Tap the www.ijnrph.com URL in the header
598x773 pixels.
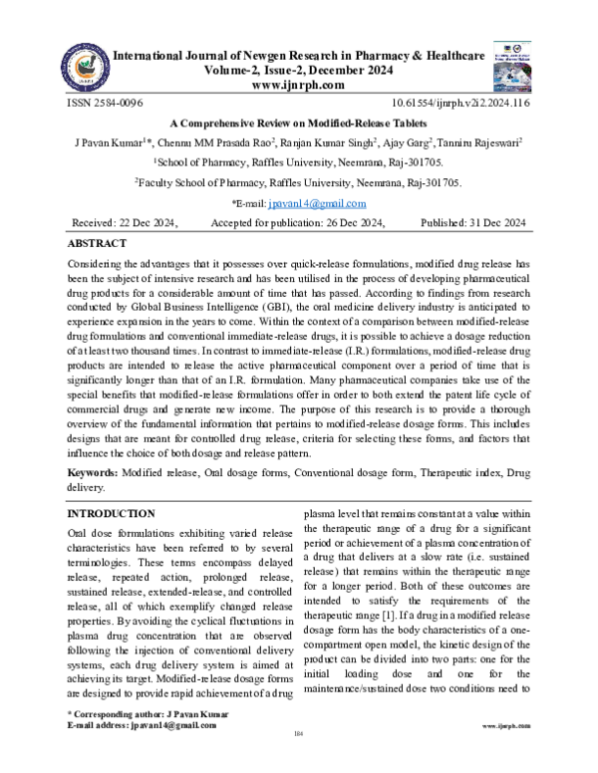tap(298, 85)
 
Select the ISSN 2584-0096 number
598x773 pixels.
tap(104, 103)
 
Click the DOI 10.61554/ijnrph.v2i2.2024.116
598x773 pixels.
tap(461, 103)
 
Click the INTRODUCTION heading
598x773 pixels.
tap(110, 513)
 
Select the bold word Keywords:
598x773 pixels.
tap(99, 471)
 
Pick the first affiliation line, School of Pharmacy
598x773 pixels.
tap(298, 162)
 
